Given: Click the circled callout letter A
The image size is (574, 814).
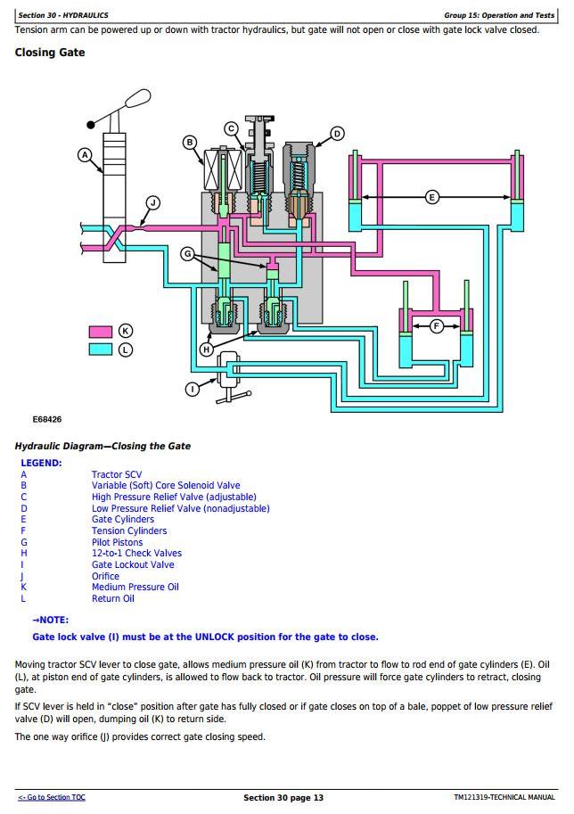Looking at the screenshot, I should tap(86, 155).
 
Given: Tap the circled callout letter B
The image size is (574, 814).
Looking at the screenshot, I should tap(190, 143).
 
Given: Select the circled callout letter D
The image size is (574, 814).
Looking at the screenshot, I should tap(337, 135).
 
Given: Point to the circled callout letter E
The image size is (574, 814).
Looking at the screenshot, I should tap(432, 197).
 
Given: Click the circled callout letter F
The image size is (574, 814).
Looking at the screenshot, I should tap(437, 326).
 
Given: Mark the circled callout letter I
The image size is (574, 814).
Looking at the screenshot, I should tap(192, 389).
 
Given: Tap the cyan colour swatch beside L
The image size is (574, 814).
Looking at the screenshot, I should tap(101, 349).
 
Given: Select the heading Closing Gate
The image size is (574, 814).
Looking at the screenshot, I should tap(50, 53).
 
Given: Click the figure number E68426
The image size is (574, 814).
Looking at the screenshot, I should tap(47, 419).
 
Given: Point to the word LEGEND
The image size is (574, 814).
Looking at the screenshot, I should tap(41, 464).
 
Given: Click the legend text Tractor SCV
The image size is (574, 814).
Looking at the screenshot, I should tap(117, 475).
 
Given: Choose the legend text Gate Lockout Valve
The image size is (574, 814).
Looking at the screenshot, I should tap(133, 565).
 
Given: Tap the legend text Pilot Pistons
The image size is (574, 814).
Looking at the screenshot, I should tap(117, 542).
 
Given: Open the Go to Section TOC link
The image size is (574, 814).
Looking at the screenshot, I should tap(52, 797).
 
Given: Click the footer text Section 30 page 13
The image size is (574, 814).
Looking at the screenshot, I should tap(283, 797).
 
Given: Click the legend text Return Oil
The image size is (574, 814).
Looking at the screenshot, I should tap(112, 599).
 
